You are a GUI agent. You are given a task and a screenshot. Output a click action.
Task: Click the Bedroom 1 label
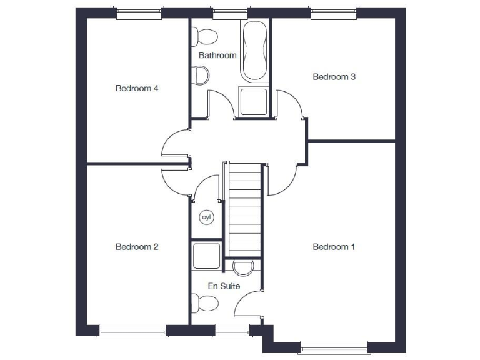tap(334, 247)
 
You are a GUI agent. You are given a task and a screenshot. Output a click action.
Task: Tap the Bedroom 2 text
tap(137, 247)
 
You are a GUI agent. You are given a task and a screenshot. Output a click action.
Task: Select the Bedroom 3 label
tap(334, 77)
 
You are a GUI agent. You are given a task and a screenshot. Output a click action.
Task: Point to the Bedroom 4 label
tap(137, 88)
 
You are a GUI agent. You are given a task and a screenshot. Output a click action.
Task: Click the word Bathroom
tap(217, 55)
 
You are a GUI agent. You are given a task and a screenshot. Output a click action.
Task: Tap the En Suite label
tap(224, 286)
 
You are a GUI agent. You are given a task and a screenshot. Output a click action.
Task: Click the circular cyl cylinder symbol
tap(206, 217)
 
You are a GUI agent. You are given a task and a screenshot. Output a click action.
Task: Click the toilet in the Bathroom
tap(204, 36)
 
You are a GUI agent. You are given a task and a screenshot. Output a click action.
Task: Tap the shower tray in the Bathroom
tap(254, 102)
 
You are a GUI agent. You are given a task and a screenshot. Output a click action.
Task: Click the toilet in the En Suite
tap(206, 304)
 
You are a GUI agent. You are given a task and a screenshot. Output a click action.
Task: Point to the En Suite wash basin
tap(243, 267)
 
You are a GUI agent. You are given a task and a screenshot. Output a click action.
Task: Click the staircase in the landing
tap(244, 209)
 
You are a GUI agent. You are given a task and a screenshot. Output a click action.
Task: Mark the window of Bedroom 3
tap(334, 11)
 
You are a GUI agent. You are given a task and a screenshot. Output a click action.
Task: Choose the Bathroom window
tap(231, 11)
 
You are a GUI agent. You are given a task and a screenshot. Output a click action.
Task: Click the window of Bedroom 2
tap(132, 329)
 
